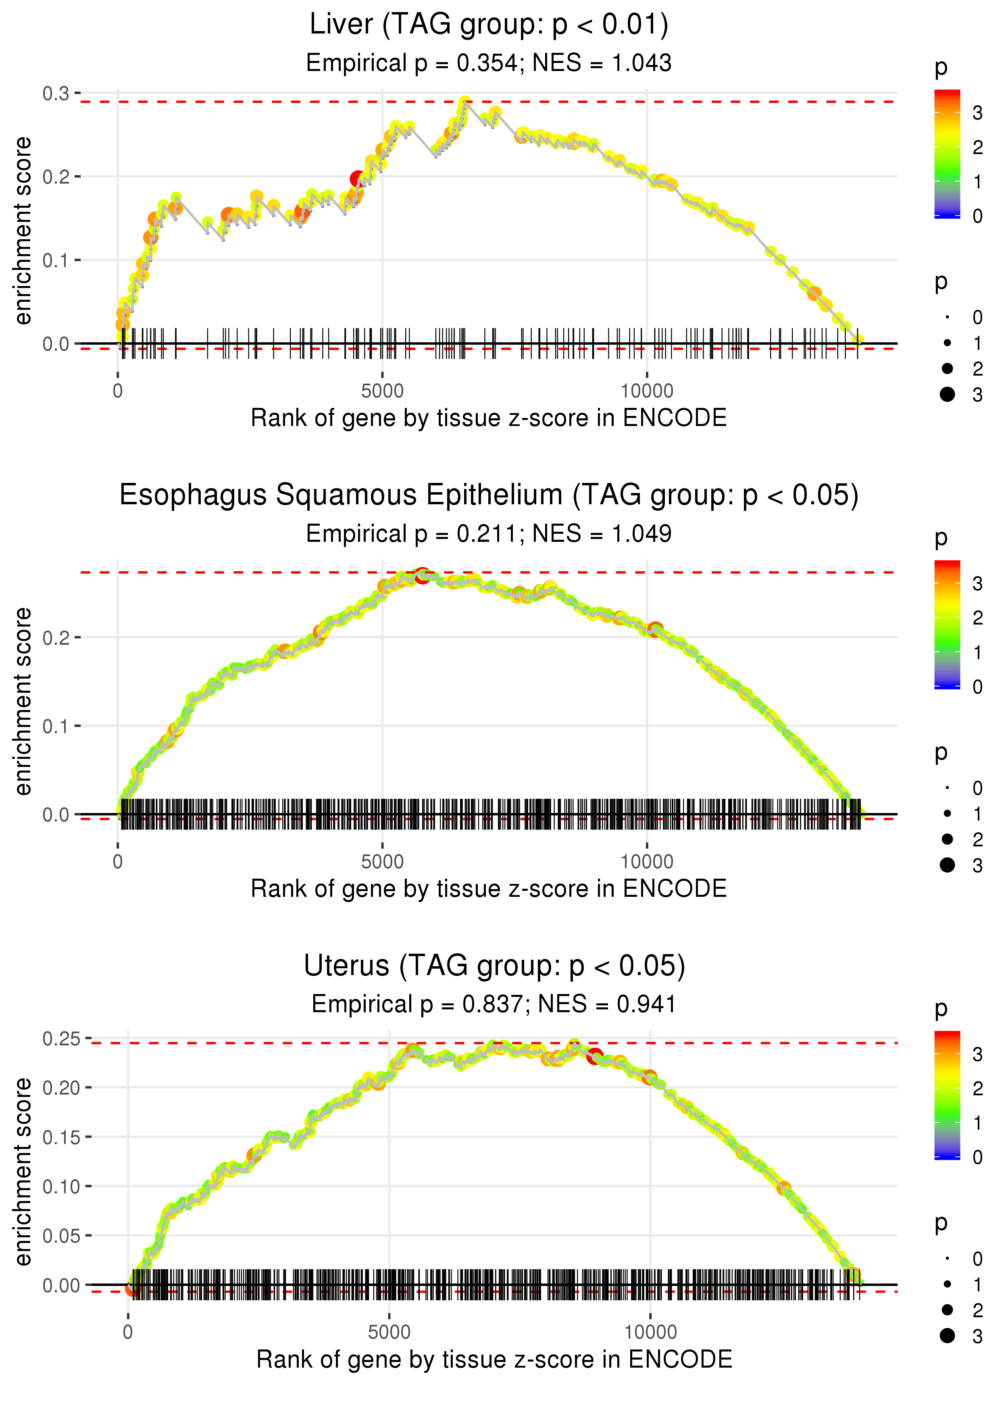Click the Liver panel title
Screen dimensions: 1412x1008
489,25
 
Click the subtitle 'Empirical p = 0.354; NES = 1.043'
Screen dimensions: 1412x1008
489,63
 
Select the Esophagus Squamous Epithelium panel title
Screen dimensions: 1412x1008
489,495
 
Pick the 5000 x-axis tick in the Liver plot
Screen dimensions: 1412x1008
382,391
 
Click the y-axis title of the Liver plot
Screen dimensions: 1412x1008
23,231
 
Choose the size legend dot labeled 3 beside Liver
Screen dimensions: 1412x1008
947,394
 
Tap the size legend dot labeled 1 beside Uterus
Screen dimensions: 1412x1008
947,1284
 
